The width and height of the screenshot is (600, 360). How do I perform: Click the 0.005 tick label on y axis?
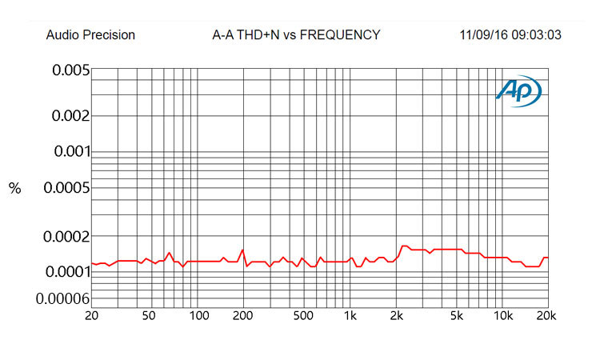tap(71, 70)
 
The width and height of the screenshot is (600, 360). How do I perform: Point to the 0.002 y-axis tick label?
tap(70, 115)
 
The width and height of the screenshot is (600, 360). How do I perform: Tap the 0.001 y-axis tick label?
tap(73, 151)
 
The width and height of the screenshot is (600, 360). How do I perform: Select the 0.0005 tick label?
tap(67, 188)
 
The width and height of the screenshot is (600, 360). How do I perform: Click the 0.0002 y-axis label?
tap(67, 237)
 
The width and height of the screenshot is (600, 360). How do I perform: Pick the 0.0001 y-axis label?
tap(68, 272)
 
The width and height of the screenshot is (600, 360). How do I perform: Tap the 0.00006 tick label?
tap(63, 298)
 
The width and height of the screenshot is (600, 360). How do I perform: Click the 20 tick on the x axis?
tap(91, 316)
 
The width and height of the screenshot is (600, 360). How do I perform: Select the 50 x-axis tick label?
tap(149, 316)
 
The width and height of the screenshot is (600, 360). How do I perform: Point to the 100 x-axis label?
tap(199, 316)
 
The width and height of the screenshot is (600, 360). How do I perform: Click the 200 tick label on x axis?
tap(242, 316)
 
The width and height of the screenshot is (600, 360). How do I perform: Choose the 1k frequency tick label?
tap(350, 316)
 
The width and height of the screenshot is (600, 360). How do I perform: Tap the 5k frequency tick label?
tap(457, 316)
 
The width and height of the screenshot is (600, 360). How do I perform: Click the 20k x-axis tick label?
tap(546, 316)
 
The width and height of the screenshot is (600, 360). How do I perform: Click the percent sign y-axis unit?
tap(15, 188)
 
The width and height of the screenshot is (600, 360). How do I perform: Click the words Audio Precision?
tap(90, 35)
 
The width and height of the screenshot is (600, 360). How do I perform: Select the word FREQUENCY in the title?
tap(340, 35)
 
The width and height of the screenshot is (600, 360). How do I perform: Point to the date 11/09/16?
tap(483, 35)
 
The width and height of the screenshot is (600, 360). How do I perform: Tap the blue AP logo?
tap(519, 90)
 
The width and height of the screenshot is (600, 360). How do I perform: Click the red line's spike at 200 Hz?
tap(242, 250)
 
